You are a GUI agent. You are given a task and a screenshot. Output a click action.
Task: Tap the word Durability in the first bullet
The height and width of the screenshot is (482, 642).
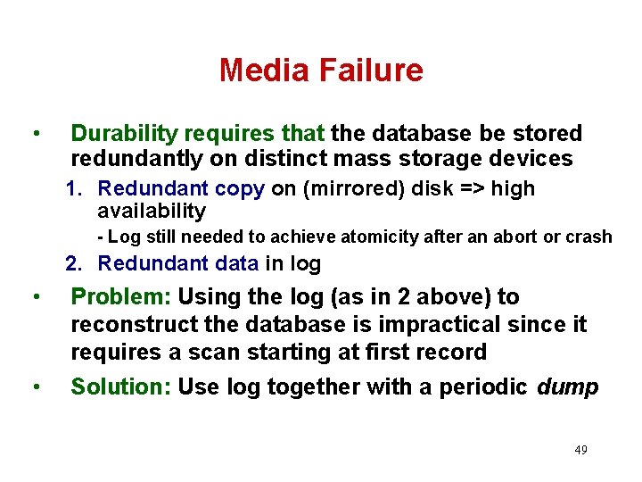[x=124, y=134]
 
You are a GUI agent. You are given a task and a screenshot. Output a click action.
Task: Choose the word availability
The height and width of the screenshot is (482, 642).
[x=151, y=212]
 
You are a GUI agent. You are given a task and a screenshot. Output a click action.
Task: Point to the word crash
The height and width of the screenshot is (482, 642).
[x=592, y=237]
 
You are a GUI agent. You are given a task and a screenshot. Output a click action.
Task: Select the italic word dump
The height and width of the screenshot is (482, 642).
[x=568, y=386]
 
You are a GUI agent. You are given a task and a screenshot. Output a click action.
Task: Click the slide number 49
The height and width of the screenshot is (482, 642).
[x=580, y=450]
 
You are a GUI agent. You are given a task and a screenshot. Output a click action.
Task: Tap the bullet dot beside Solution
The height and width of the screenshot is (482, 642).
[x=34, y=386]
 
